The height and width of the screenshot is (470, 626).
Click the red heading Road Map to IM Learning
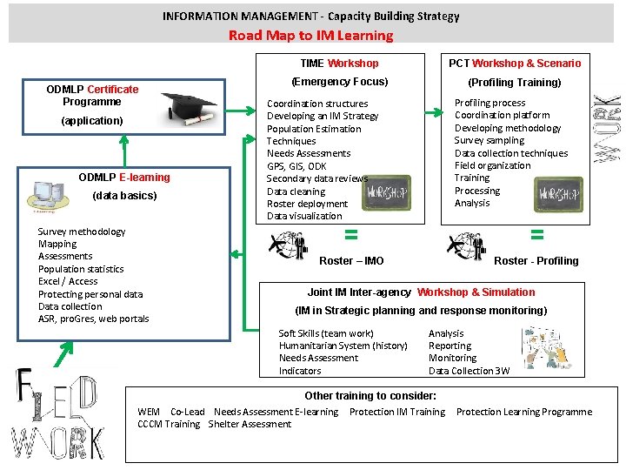tap(310, 36)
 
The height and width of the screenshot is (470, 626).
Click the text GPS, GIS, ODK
tap(296, 166)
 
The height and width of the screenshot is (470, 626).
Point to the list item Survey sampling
tap(489, 140)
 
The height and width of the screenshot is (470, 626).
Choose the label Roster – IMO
tap(351, 260)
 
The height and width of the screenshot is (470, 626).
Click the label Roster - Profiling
tap(536, 260)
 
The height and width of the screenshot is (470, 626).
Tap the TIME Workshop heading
tap(339, 63)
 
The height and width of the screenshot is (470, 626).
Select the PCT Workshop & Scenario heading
tap(515, 63)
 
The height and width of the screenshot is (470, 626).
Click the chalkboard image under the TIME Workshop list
tap(385, 192)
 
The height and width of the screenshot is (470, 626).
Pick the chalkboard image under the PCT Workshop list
tap(558, 193)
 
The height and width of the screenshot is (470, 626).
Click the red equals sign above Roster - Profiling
tap(536, 233)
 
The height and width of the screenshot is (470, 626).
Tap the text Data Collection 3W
tap(469, 371)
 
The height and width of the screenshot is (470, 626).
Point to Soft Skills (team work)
tap(326, 333)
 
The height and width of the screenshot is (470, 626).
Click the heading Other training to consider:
tap(370, 395)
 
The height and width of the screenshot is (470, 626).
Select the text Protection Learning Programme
tap(523, 412)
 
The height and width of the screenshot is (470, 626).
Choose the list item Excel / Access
tap(68, 281)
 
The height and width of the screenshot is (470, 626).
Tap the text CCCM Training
tap(169, 424)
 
